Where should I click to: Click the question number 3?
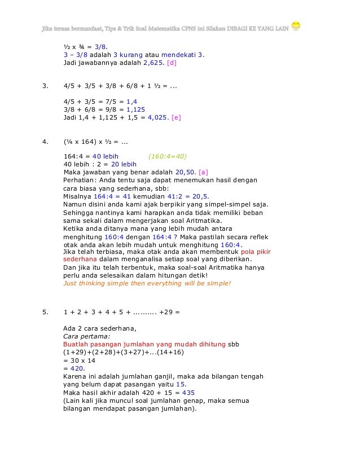coord(45,87)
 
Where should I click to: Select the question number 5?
coord(45,310)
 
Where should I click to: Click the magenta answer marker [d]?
coord(172,64)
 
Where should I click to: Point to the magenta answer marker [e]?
coord(176,118)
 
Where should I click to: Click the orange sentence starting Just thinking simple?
coord(147,283)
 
